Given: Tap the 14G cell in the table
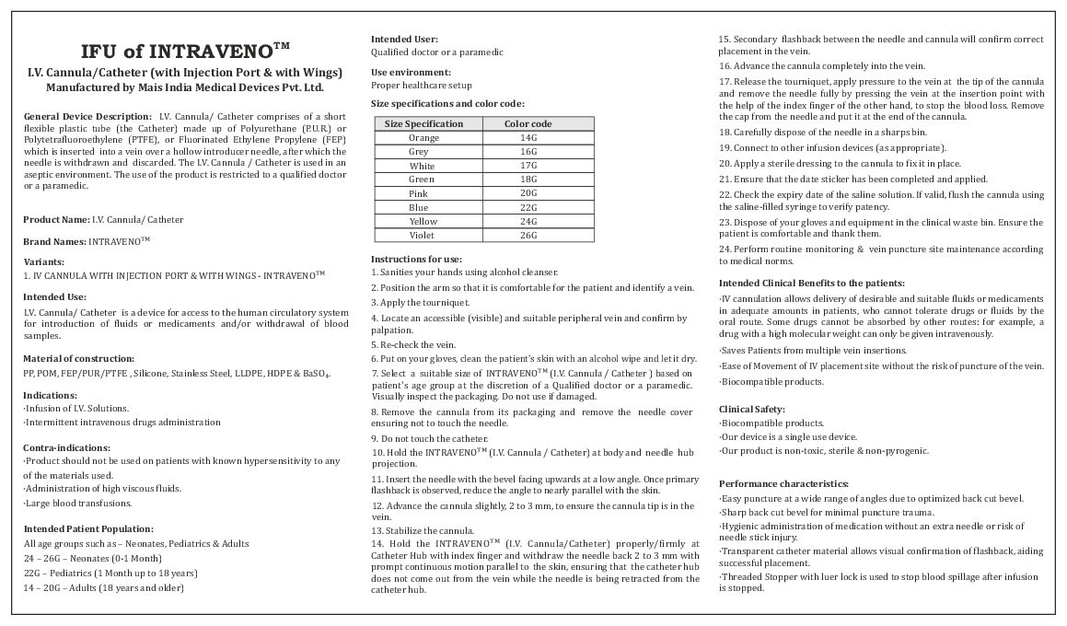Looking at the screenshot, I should pyautogui.click(x=528, y=137).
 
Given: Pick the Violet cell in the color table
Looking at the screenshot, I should pyautogui.click(x=423, y=236).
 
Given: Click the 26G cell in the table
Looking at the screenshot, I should pyautogui.click(x=528, y=236).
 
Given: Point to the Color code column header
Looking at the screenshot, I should pyautogui.click(x=528, y=123).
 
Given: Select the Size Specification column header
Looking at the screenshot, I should pyautogui.click(x=423, y=123).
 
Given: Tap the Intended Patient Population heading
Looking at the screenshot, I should pyautogui.click(x=87, y=528).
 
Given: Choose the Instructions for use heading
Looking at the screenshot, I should pyautogui.click(x=416, y=259).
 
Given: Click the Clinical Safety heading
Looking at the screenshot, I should pyautogui.click(x=752, y=408).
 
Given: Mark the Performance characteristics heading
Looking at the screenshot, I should pyautogui.click(x=783, y=483).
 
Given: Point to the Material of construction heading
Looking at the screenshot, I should pyautogui.click(x=78, y=357).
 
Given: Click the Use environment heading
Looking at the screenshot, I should pyautogui.click(x=411, y=72).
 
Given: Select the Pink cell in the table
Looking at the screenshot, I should pyautogui.click(x=419, y=194).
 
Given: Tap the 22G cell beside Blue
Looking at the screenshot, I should pyautogui.click(x=528, y=208).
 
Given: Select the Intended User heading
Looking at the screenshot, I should pyautogui.click(x=404, y=39).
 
